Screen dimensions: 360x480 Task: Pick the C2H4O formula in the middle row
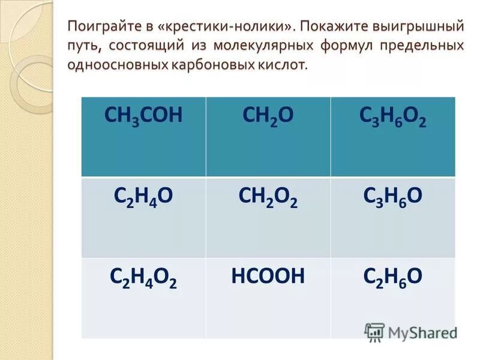[143, 197]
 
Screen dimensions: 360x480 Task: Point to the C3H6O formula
[393, 197]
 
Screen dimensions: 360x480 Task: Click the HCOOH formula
[268, 276]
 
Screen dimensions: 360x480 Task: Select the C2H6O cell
[393, 277]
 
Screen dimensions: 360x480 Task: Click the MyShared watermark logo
[410, 332]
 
